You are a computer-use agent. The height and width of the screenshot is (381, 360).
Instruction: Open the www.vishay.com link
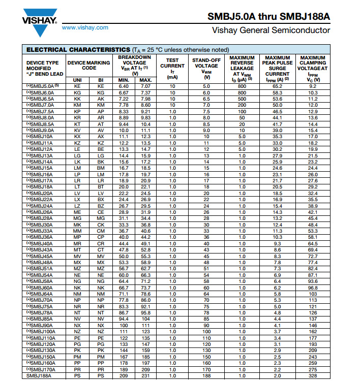84,27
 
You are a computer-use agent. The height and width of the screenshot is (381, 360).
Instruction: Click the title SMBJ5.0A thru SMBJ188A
268,16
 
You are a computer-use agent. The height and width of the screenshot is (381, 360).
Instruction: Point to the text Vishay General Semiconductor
271,30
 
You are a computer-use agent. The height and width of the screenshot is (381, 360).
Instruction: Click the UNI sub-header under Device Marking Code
77,80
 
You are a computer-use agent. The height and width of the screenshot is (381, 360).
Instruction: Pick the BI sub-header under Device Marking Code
101,80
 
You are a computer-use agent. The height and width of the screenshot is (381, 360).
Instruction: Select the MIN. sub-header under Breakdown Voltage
124,80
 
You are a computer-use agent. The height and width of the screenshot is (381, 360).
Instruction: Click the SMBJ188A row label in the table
39,376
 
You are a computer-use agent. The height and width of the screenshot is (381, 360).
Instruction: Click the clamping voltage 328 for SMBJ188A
313,376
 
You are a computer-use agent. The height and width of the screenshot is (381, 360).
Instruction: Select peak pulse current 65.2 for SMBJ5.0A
277,86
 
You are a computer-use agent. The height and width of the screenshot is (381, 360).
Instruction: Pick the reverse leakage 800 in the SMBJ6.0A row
242,93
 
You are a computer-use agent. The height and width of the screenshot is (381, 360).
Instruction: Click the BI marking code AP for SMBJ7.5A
101,111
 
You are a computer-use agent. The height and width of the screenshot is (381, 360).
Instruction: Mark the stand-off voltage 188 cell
206,376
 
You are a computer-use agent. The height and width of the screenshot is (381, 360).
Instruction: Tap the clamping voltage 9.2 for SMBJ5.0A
313,86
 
